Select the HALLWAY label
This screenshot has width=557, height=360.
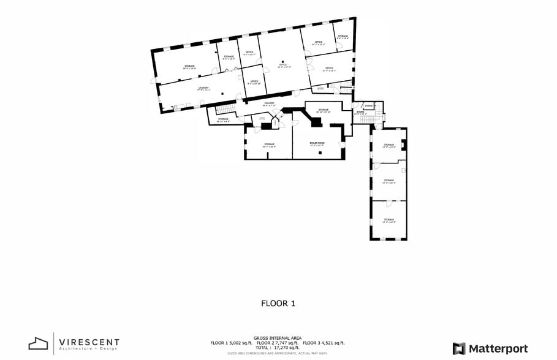269,104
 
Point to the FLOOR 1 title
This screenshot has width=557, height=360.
278,303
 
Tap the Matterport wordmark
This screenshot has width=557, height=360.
498,348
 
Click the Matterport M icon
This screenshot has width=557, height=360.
459,348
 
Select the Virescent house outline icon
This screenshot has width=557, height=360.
39,343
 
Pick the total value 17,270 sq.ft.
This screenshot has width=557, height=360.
278,348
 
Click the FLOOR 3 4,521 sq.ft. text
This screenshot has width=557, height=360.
324,343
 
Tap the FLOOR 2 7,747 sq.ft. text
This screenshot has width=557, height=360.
277,343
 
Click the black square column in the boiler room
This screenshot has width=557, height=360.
320,152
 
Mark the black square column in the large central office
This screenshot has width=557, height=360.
282,61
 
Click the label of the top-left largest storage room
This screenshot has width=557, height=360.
189,67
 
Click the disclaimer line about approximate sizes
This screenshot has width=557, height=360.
278,353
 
